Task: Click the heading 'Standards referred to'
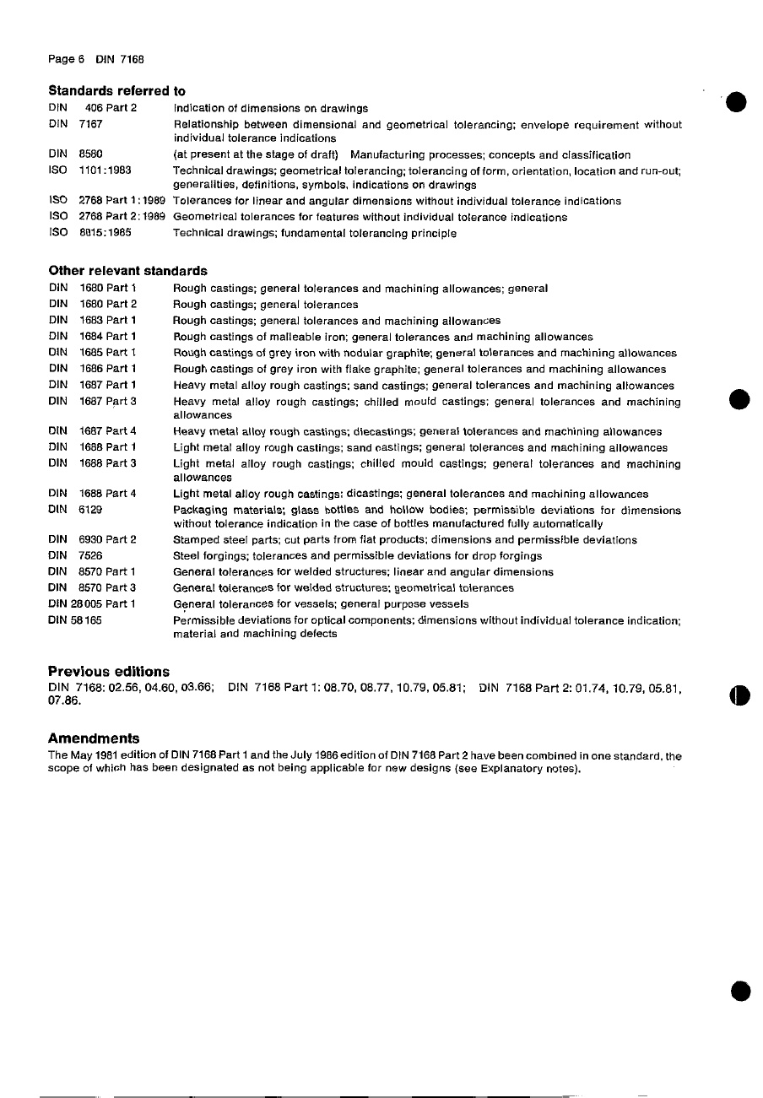(117, 90)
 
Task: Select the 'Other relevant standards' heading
(127, 271)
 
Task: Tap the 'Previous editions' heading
(109, 672)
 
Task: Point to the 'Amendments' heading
(94, 738)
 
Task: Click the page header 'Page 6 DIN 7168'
(95, 58)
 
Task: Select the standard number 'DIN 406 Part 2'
(93, 108)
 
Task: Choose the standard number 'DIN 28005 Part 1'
(93, 604)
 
